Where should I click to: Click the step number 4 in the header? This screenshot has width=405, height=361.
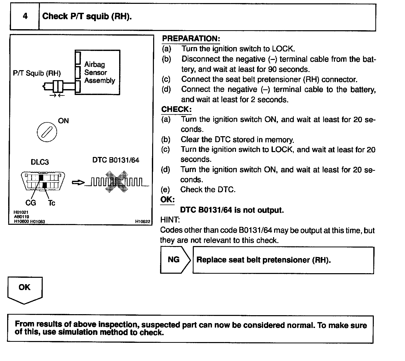pos(25,16)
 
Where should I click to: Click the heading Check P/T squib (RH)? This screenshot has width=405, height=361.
pos(87,16)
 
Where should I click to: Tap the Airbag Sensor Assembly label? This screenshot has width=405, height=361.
pos(99,72)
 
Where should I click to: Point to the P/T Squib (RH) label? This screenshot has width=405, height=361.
pos(37,73)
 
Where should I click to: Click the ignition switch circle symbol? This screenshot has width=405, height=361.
pos(47,132)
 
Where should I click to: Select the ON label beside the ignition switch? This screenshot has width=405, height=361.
pos(63,121)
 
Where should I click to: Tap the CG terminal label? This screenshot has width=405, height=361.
pos(31,203)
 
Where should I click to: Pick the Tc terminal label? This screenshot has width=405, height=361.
pos(52,203)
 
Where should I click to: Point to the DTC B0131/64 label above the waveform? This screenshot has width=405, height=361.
pos(116,160)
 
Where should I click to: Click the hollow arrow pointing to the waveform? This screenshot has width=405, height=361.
pos(78,183)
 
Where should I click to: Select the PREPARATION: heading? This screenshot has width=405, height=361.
pos(191,39)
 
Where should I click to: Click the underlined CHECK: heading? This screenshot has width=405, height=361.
pos(176,109)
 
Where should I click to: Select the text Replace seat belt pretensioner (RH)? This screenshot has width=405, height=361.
pos(264,260)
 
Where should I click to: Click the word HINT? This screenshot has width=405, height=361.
pos(170,220)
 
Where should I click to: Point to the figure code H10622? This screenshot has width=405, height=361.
pos(143,221)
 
